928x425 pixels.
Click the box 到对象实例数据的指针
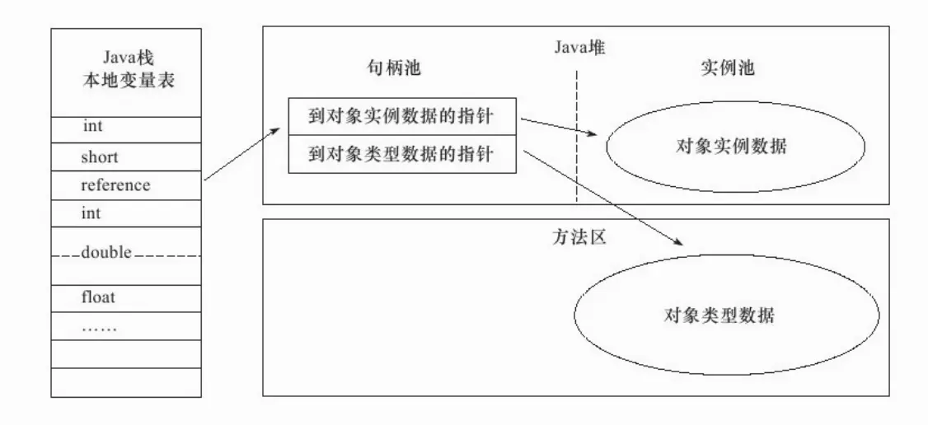click(x=401, y=116)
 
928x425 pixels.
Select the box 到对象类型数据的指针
click(x=401, y=155)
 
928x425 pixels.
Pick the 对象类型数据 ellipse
click(x=719, y=315)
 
